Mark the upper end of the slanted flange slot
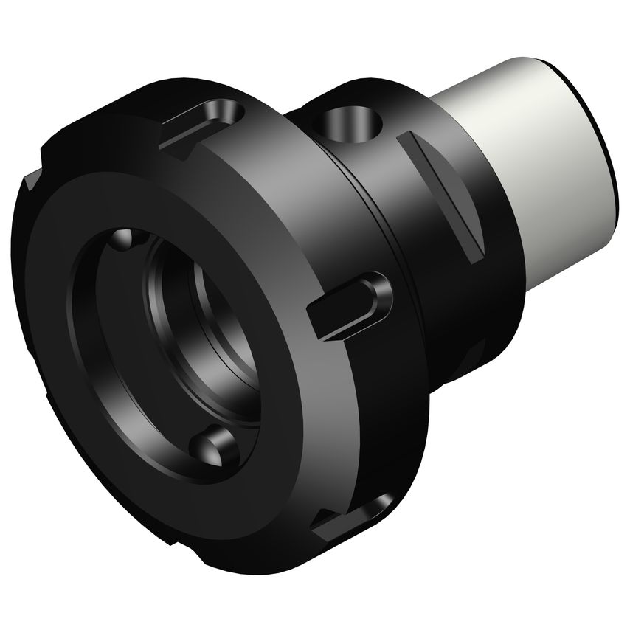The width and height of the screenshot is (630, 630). (406, 140)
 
